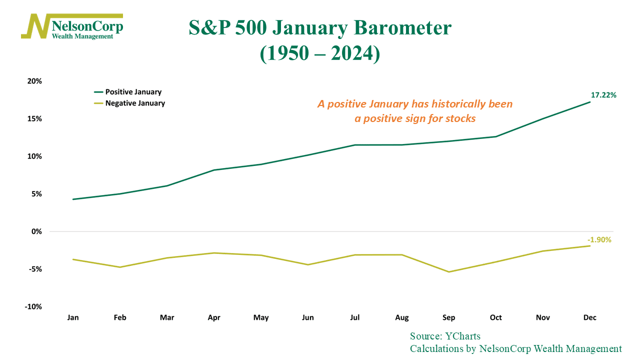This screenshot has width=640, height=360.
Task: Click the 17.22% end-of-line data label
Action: (x=603, y=95)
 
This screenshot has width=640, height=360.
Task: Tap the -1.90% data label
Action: (x=599, y=239)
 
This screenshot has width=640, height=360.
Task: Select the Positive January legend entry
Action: (x=127, y=92)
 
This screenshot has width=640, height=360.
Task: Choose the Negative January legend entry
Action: (x=129, y=103)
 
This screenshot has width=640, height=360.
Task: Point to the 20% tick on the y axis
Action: (x=34, y=81)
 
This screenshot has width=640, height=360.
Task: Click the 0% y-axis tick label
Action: (x=36, y=231)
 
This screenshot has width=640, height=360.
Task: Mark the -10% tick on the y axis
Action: (x=33, y=306)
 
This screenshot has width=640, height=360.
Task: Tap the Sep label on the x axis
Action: (x=448, y=317)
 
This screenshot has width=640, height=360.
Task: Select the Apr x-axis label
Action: (x=214, y=317)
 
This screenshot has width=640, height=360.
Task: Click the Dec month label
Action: (x=589, y=317)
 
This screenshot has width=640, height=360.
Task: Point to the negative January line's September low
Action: (x=448, y=271)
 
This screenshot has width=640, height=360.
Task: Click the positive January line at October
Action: (x=495, y=136)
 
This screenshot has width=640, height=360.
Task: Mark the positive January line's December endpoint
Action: (x=589, y=102)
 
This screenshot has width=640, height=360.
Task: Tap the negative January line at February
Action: (x=120, y=267)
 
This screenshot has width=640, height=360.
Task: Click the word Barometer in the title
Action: (x=402, y=28)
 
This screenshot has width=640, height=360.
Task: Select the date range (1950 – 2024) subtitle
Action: (x=320, y=53)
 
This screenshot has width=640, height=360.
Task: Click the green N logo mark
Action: (x=35, y=26)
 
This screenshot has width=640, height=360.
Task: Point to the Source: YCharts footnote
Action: (x=445, y=336)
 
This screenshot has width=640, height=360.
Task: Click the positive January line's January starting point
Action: (x=73, y=199)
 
